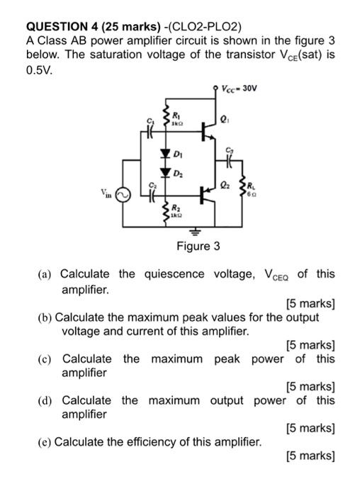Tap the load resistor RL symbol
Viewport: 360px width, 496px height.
(x=244, y=188)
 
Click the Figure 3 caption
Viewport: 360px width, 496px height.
(x=198, y=247)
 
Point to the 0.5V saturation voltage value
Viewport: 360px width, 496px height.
(x=38, y=71)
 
